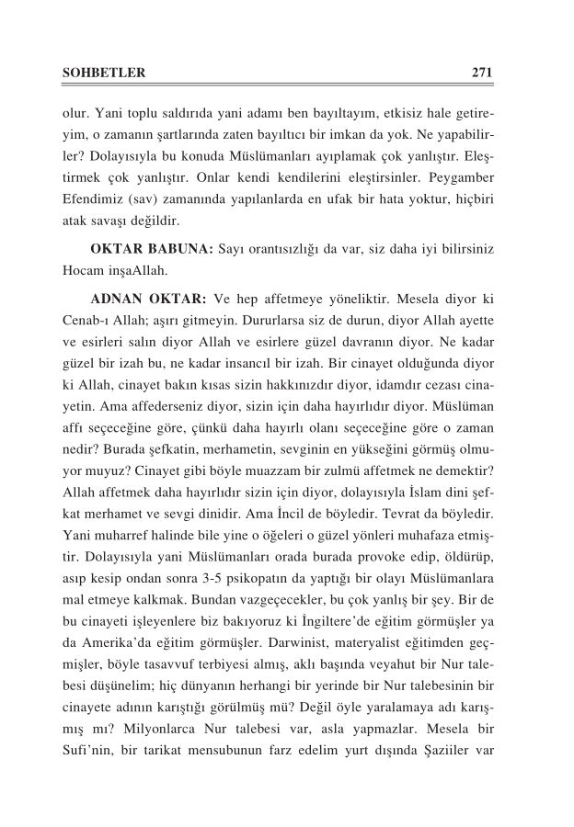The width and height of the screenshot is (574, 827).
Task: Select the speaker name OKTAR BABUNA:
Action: [152, 250]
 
